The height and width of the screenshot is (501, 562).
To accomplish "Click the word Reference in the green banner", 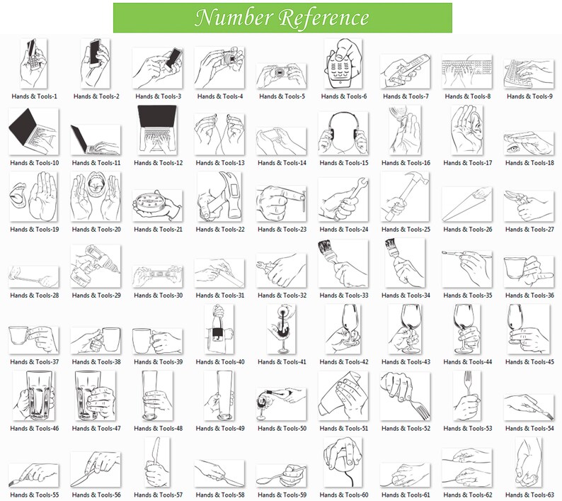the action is click(323, 18).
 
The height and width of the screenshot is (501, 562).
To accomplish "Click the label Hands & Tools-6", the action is click(344, 96).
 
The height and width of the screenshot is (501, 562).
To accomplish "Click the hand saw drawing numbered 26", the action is click(466, 203).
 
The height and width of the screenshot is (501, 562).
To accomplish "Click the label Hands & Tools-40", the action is click(220, 361).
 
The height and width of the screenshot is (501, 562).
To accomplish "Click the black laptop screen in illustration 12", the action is click(157, 116).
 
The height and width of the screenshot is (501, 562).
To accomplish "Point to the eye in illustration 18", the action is click(512, 148).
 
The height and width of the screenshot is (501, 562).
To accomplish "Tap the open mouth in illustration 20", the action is click(96, 184).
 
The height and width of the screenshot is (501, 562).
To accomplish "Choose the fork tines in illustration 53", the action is click(467, 378).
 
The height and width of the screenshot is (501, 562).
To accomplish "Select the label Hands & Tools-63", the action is click(529, 495).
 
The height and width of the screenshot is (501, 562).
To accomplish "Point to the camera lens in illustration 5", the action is click(280, 73).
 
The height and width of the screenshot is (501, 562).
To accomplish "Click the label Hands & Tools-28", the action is click(35, 295).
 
